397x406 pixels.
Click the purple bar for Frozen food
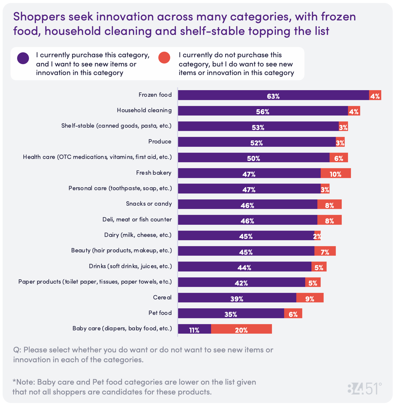point(273,95)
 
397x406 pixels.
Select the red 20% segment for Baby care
point(241,329)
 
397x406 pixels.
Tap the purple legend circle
point(23,58)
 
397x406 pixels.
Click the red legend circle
point(164,58)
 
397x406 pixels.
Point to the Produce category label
point(160,141)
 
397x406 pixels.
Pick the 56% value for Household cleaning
point(263,112)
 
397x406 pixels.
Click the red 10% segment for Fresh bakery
point(335,173)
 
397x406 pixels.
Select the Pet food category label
point(160,313)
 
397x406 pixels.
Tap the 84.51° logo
point(364,389)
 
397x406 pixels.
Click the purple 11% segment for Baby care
point(194,329)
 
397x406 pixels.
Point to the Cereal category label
point(162,297)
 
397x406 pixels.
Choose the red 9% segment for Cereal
point(310,298)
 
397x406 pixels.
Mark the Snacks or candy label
point(149,204)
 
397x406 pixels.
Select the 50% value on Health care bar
point(253,158)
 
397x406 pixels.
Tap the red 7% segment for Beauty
point(325,251)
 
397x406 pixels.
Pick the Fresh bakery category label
point(154,173)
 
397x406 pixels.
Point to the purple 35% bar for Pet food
point(231,314)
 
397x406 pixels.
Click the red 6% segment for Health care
point(338,158)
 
